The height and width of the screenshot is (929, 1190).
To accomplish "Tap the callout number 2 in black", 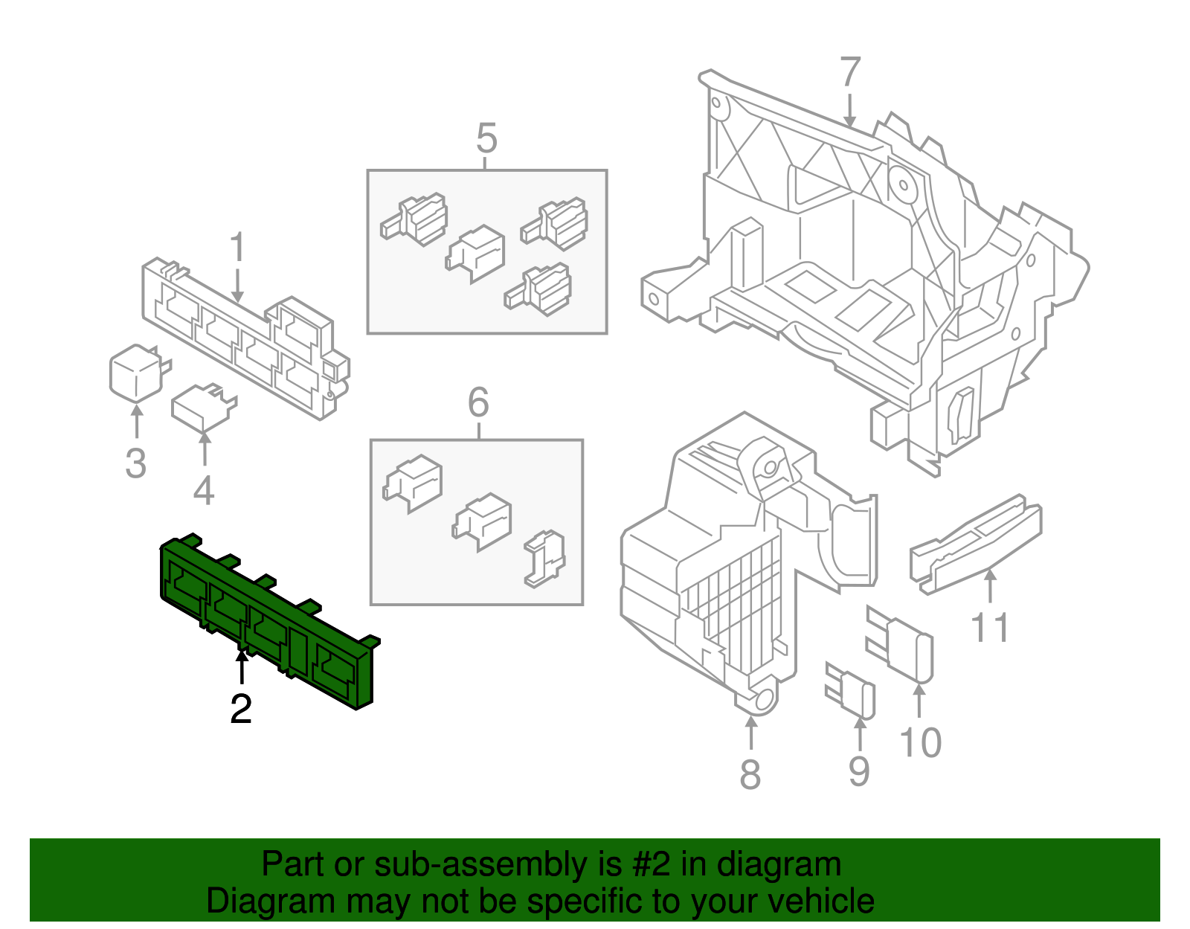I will coord(241,710).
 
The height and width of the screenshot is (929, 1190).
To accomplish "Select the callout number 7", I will coord(849,72).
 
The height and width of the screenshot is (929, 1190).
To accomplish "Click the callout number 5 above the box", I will coord(486,139).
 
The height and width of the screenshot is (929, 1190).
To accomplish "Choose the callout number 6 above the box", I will coord(478,403).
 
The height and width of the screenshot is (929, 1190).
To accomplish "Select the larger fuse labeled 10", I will coord(901,644).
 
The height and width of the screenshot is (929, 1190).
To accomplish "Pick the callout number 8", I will coord(750,774).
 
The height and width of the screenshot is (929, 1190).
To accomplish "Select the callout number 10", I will coord(920,743).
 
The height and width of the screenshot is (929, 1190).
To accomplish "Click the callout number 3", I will coord(135,463).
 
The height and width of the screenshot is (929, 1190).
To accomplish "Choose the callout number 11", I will coord(990,627).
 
